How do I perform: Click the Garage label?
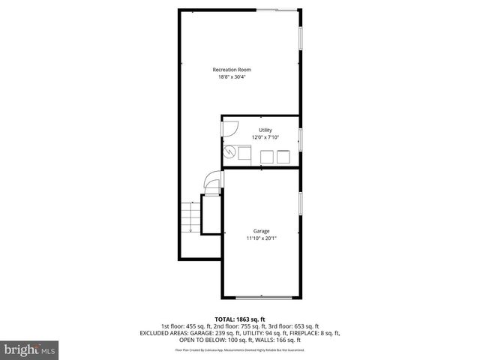(261, 231)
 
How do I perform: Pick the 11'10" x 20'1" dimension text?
(261, 238)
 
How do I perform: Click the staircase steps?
(190, 217)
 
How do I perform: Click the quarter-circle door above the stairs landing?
(213, 183)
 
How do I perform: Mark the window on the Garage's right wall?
(300, 202)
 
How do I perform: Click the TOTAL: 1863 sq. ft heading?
(239, 319)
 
